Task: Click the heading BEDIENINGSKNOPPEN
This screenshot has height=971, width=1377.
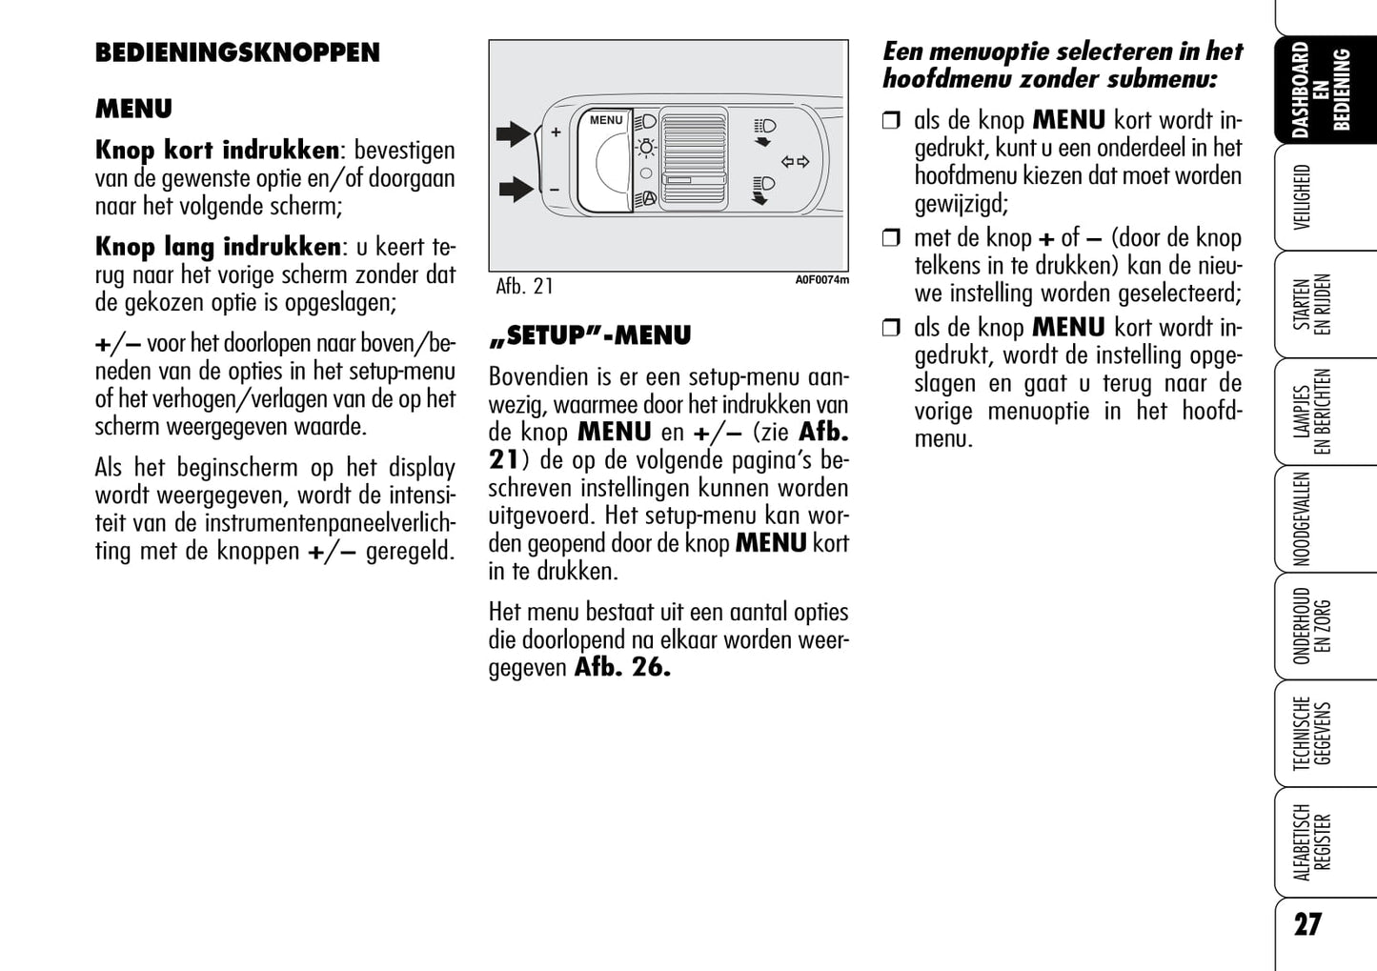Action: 237,52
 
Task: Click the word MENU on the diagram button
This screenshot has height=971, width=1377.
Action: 606,121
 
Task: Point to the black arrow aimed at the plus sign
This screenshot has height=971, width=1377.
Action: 514,133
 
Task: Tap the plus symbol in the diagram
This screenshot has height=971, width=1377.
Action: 556,133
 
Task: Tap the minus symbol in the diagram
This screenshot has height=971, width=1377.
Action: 555,190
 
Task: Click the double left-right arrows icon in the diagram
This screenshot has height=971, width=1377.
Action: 795,162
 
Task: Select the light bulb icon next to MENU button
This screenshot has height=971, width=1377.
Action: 646,148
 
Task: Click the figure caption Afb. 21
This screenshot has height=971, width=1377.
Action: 524,286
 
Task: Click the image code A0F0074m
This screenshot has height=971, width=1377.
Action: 821,280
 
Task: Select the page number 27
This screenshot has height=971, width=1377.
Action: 1307,924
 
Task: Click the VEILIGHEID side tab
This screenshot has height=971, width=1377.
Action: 1303,197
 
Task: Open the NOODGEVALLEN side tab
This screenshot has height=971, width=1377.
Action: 1303,519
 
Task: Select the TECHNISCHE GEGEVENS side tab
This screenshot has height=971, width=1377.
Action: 1312,734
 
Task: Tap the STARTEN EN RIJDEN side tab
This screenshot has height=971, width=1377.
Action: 1312,304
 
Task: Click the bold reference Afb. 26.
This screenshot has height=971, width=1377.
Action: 622,667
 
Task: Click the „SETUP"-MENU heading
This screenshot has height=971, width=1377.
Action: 590,336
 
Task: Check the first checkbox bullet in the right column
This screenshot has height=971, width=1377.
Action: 891,121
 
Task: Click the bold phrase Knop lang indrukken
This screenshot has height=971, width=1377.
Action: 218,247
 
